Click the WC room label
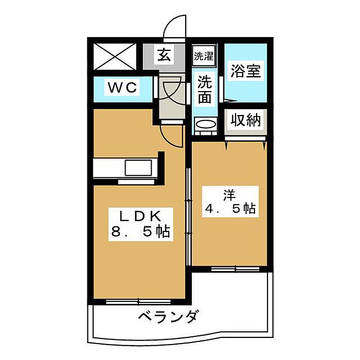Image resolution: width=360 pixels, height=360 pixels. click(x=122, y=87)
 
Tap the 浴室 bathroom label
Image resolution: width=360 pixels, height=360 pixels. click(x=245, y=71)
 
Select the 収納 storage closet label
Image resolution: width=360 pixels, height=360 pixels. click(x=246, y=120)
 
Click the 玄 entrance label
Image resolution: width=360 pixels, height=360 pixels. click(x=164, y=55)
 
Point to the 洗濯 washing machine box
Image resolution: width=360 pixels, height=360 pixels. click(x=204, y=56)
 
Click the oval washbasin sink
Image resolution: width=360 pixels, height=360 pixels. click(x=205, y=125)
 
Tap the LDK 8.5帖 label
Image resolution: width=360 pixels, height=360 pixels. click(x=140, y=224)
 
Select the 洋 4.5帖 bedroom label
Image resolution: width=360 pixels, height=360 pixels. click(x=230, y=202)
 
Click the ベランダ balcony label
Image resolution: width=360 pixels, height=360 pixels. click(x=168, y=317)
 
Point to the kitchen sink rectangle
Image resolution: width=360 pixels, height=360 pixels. click(x=138, y=168)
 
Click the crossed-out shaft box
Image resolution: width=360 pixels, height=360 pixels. click(x=115, y=57)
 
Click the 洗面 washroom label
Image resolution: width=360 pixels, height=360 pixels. click(x=205, y=89)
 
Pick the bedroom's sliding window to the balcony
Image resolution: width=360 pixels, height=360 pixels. click(x=235, y=269)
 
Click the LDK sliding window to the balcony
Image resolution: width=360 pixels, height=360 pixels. click(x=138, y=301)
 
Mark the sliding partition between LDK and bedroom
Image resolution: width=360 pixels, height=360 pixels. click(x=189, y=217)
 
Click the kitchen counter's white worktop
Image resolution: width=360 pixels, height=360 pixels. click(x=125, y=168)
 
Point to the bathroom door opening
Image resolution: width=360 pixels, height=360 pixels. click(x=221, y=89)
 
